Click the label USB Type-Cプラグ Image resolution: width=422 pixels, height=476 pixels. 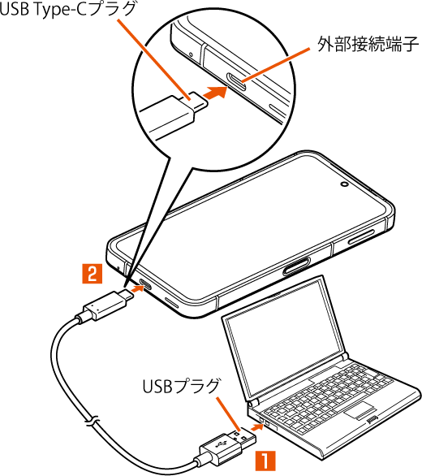67,9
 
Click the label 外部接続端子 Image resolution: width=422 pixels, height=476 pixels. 368,45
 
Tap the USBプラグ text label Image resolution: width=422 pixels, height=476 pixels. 181,386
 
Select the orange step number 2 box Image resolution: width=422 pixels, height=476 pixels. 93,274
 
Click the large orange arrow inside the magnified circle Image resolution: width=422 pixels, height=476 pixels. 215,92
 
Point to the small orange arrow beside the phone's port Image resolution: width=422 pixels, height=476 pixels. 137,288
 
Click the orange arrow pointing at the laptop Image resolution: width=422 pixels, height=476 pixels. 256,427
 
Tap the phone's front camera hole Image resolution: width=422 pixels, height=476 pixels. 345,184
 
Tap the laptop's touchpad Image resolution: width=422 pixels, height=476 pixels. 359,411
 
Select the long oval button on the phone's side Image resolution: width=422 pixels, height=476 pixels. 296,266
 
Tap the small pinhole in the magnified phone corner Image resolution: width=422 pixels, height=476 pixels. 191,55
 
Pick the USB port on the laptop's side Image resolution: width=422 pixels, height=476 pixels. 265,422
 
